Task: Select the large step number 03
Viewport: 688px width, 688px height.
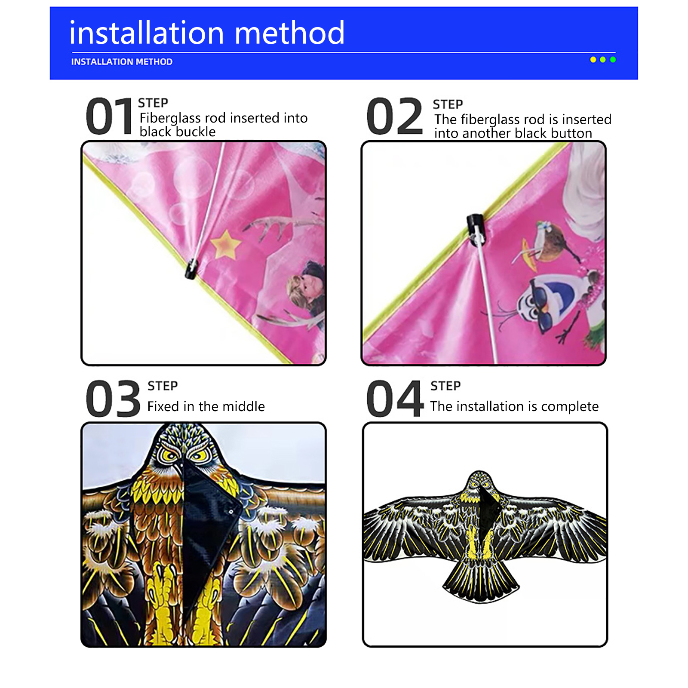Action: [113, 399]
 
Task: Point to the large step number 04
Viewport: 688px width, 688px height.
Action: [395, 399]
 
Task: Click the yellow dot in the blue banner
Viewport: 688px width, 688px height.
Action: [593, 60]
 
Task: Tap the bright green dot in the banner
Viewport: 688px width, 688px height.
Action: [613, 60]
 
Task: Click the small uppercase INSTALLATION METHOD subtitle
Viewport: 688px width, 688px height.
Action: [122, 62]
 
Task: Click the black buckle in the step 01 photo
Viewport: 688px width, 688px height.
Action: [191, 269]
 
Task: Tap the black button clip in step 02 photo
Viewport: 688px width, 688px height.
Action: [476, 228]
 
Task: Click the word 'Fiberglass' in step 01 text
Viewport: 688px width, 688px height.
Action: [170, 118]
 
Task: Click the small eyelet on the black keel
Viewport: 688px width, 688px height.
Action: [231, 512]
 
